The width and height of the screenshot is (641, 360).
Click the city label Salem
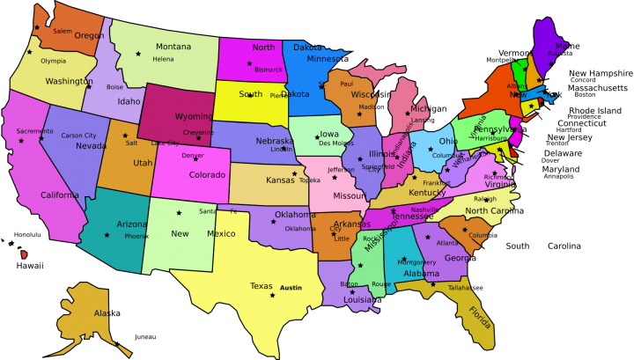pos(63,31)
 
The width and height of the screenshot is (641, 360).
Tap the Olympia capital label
pos(53,61)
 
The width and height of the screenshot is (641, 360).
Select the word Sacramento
pos(34,131)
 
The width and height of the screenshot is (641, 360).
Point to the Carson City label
pos(78,136)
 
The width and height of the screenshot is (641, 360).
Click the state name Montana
pos(173,47)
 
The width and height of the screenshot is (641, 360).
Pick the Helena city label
pos(163,59)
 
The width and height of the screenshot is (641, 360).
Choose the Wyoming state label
pos(194,116)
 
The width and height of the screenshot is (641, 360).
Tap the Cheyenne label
pos(198,133)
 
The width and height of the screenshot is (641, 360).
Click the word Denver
pos(193,156)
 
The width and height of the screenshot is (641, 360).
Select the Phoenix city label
pos(136,236)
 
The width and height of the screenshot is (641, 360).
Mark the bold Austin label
pos(291,288)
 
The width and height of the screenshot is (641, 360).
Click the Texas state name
pos(262,286)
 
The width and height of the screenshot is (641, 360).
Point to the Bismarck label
pos(269,70)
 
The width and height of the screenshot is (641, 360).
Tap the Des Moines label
pos(336,143)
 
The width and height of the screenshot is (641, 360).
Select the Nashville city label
pos(424,209)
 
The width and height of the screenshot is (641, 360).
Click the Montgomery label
pos(416,262)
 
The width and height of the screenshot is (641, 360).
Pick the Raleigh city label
pos(485,199)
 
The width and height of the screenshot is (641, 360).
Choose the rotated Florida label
pos(480,316)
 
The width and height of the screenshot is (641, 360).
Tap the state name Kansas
pos(281,180)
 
